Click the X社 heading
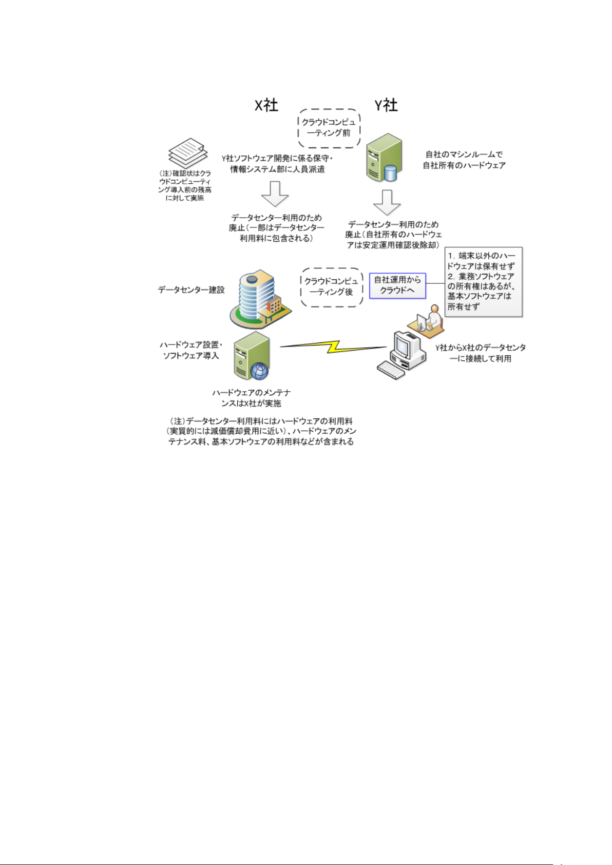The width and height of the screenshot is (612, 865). click(x=266, y=105)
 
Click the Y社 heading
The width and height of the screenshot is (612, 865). click(x=386, y=105)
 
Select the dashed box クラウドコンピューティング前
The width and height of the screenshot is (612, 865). click(x=329, y=128)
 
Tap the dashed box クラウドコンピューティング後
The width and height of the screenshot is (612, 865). click(x=332, y=287)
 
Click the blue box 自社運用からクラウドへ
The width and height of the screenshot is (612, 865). click(x=397, y=285)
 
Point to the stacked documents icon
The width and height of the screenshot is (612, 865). click(x=188, y=152)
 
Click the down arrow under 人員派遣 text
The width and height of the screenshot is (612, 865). click(x=275, y=194)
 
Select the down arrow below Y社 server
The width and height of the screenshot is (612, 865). click(x=387, y=202)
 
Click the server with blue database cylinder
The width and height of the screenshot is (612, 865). click(x=384, y=158)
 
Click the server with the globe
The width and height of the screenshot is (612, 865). click(x=252, y=356)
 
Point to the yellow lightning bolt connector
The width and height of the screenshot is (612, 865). click(x=333, y=347)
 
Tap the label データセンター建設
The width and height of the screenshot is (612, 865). click(x=191, y=290)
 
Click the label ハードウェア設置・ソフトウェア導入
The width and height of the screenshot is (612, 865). click(x=191, y=350)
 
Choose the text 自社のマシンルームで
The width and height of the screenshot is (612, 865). click(x=464, y=154)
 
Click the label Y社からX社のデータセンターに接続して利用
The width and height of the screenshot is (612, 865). click(x=481, y=353)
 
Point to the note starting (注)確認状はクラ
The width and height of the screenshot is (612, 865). click(x=185, y=186)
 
